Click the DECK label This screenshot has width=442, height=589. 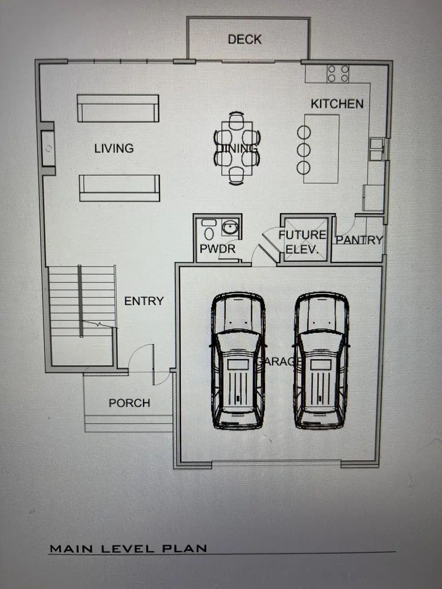[x=245, y=39]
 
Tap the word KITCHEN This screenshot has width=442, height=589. [x=337, y=104]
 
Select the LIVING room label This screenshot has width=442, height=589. [x=114, y=148]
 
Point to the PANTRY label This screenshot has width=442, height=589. [x=359, y=240]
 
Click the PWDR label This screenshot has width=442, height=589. [x=218, y=249]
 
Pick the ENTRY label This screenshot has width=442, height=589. [x=144, y=301]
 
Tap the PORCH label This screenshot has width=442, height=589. [x=129, y=403]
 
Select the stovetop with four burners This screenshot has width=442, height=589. [x=338, y=74]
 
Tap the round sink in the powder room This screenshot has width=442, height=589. [x=229, y=228]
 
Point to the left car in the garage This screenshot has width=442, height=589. [x=238, y=360]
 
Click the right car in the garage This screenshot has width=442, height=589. [x=322, y=360]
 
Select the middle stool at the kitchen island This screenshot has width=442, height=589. [x=304, y=150]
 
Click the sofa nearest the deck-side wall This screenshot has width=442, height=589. [x=118, y=108]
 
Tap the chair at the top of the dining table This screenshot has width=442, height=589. [x=236, y=120]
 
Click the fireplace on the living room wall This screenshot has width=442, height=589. [x=48, y=148]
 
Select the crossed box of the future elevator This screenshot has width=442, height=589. [x=306, y=240]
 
